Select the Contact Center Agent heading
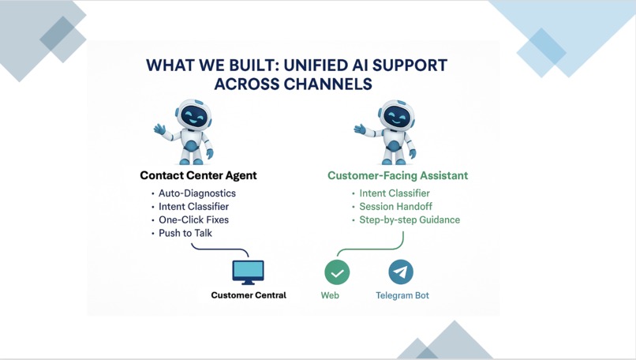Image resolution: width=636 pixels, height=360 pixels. [x=198, y=175]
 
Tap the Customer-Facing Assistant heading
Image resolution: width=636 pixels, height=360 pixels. [x=398, y=175]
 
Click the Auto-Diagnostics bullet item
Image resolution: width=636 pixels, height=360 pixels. [x=196, y=193]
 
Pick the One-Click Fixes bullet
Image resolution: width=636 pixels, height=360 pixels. [x=193, y=219]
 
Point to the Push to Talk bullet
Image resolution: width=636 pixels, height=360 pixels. [x=185, y=233]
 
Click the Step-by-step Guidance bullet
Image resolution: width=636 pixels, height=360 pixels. [x=409, y=219]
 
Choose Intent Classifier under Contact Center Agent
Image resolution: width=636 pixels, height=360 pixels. [x=193, y=207]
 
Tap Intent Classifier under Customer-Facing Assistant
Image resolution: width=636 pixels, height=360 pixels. [x=394, y=193]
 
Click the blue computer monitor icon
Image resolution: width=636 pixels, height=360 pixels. [x=249, y=272]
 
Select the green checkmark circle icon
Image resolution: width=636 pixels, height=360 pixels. [x=337, y=272]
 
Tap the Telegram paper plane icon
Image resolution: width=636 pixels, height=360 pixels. [x=401, y=272]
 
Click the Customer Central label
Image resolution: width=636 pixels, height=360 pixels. [x=249, y=295]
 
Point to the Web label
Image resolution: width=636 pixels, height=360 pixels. [x=330, y=295]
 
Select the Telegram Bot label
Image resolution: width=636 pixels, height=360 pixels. [x=402, y=295]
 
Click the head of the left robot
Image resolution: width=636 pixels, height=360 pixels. [x=193, y=114]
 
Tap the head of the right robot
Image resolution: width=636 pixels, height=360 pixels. [x=396, y=115]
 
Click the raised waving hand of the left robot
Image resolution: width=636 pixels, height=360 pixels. [x=159, y=129]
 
